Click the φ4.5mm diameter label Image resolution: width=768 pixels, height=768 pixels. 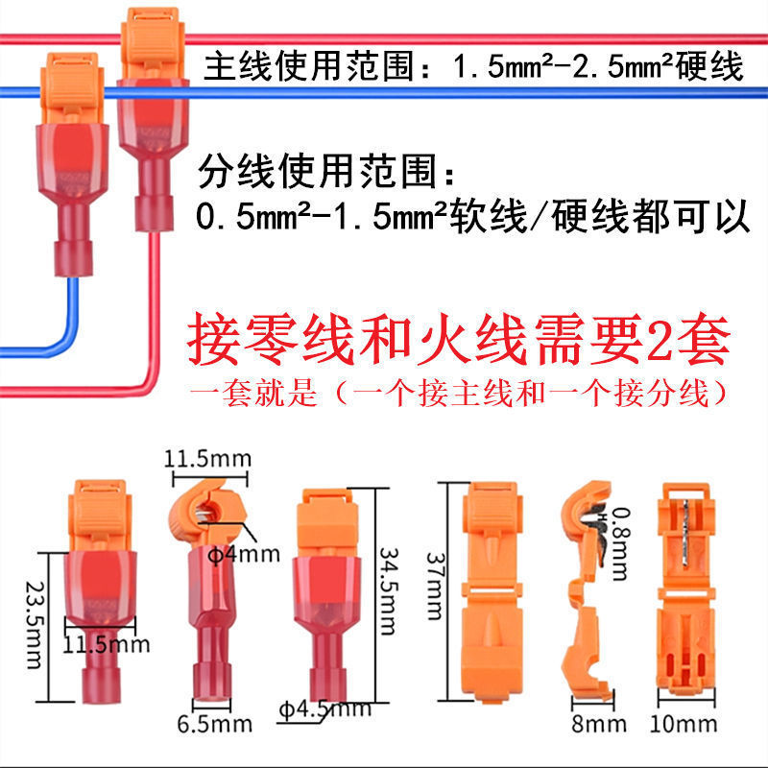pos(324,710)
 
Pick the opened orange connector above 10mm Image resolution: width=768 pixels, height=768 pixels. pos(687,595)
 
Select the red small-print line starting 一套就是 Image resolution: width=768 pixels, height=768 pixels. pos(456,395)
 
